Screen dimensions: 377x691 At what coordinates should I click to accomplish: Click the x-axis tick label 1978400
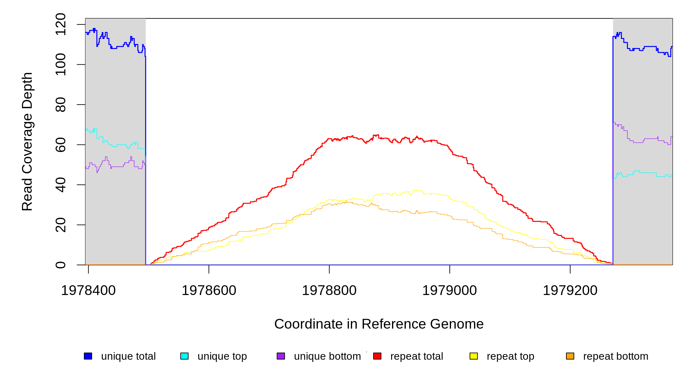click(x=88, y=291)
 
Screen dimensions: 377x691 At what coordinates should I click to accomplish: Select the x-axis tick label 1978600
click(x=209, y=291)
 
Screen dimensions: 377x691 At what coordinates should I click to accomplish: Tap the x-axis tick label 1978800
click(x=329, y=291)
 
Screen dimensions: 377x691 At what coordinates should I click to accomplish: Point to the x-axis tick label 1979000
click(x=449, y=291)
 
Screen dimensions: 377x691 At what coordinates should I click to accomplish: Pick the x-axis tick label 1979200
click(x=570, y=291)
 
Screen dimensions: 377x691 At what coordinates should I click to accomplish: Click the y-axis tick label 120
click(x=61, y=25)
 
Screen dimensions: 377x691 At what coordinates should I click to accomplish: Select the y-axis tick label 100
click(x=61, y=65)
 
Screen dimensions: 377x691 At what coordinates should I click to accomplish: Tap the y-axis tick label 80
click(x=61, y=105)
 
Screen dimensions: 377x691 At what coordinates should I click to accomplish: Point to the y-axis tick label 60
click(x=61, y=145)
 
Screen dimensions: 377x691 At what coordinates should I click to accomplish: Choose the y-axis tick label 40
click(x=61, y=185)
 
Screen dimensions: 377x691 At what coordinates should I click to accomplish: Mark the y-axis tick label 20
click(x=61, y=225)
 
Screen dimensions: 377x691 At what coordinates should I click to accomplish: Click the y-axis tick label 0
click(x=61, y=265)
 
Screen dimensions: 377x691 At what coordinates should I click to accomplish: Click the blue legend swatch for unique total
click(x=88, y=356)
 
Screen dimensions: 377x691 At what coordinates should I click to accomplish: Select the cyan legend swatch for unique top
click(x=184, y=356)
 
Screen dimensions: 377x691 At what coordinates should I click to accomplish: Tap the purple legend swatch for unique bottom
click(x=281, y=356)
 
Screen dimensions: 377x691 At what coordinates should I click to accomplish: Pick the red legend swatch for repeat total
click(x=377, y=356)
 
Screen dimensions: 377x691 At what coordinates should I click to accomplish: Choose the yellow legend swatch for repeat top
click(x=474, y=356)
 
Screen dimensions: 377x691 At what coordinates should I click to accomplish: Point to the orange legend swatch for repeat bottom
click(x=570, y=356)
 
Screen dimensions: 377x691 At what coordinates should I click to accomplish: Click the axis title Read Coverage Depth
click(x=27, y=142)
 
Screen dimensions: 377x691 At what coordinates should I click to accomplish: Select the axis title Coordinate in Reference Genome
click(x=379, y=324)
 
